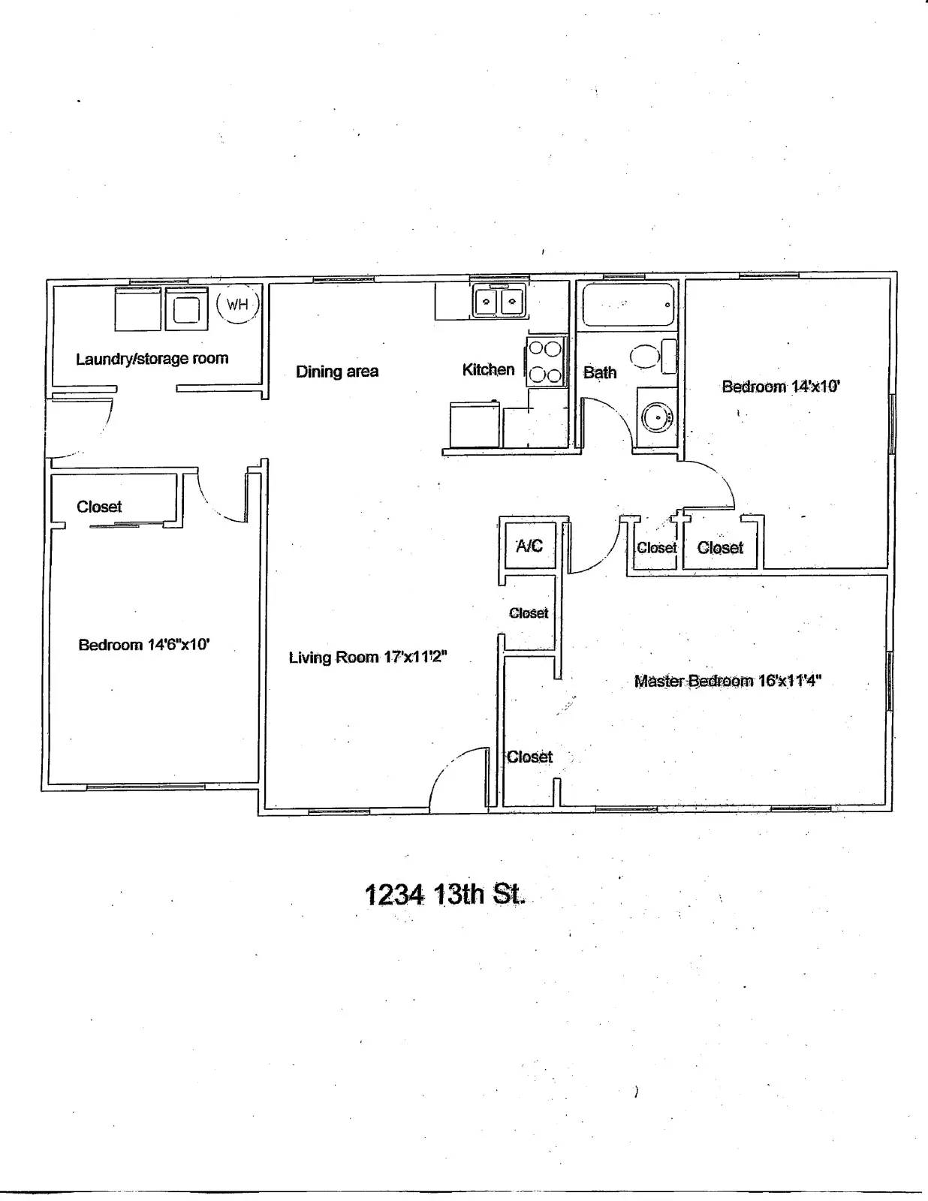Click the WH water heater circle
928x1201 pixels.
[x=238, y=304]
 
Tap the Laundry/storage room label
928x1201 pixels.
[x=152, y=359]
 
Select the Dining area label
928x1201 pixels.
[x=337, y=372]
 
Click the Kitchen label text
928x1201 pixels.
[x=488, y=369]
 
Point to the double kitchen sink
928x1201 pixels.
[x=499, y=302]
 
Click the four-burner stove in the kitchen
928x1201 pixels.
[x=546, y=361]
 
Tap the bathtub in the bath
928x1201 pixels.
[x=628, y=305]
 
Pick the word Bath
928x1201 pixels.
[x=600, y=372]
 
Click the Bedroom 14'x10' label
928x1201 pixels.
[x=781, y=387]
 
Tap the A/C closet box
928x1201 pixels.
[x=529, y=546]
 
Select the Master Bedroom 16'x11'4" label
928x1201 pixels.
[x=728, y=681]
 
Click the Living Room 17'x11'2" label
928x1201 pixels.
[x=368, y=658]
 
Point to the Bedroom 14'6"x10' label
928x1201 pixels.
[x=143, y=644]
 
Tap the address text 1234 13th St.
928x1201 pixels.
[x=445, y=895]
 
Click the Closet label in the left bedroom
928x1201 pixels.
[x=99, y=507]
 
